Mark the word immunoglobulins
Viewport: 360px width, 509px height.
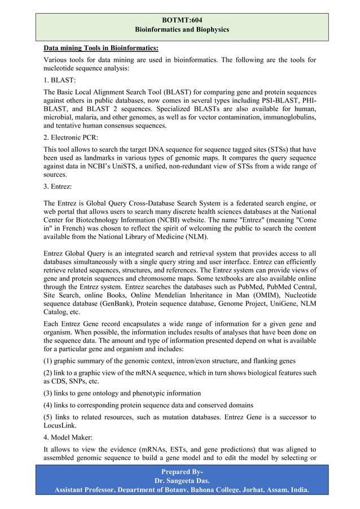pos(288,117)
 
